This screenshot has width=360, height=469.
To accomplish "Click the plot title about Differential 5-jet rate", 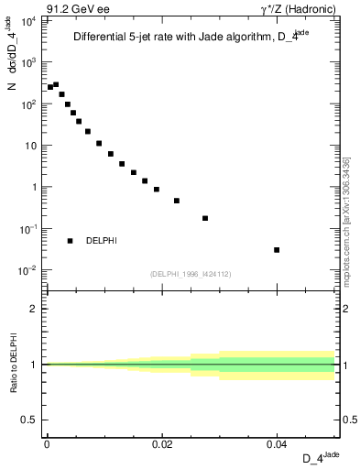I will (191, 37).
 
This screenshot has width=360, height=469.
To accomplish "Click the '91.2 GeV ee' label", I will (71, 8).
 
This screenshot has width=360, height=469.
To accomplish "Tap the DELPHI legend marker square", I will (70, 241).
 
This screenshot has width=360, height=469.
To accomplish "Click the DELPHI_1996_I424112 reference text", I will (190, 274).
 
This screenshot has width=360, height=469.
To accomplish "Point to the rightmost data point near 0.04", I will (277, 250).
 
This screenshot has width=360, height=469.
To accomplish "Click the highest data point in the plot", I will (56, 84).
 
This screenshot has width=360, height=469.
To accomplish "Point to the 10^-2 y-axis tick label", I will (29, 269).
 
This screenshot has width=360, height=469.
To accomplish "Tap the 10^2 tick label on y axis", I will (29, 104).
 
